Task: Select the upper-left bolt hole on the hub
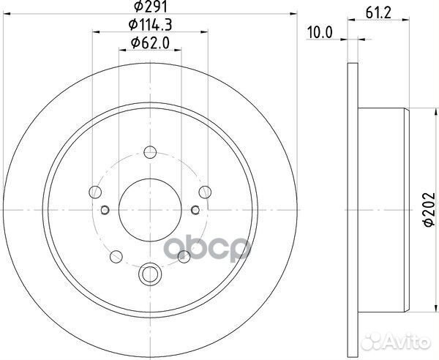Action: [94, 192]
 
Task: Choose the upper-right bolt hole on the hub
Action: [204, 192]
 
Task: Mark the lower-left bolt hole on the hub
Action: [116, 256]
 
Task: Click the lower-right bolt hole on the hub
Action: [184, 256]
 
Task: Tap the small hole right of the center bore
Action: [195, 211]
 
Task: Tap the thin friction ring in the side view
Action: [350, 209]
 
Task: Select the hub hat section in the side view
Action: [380, 209]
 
